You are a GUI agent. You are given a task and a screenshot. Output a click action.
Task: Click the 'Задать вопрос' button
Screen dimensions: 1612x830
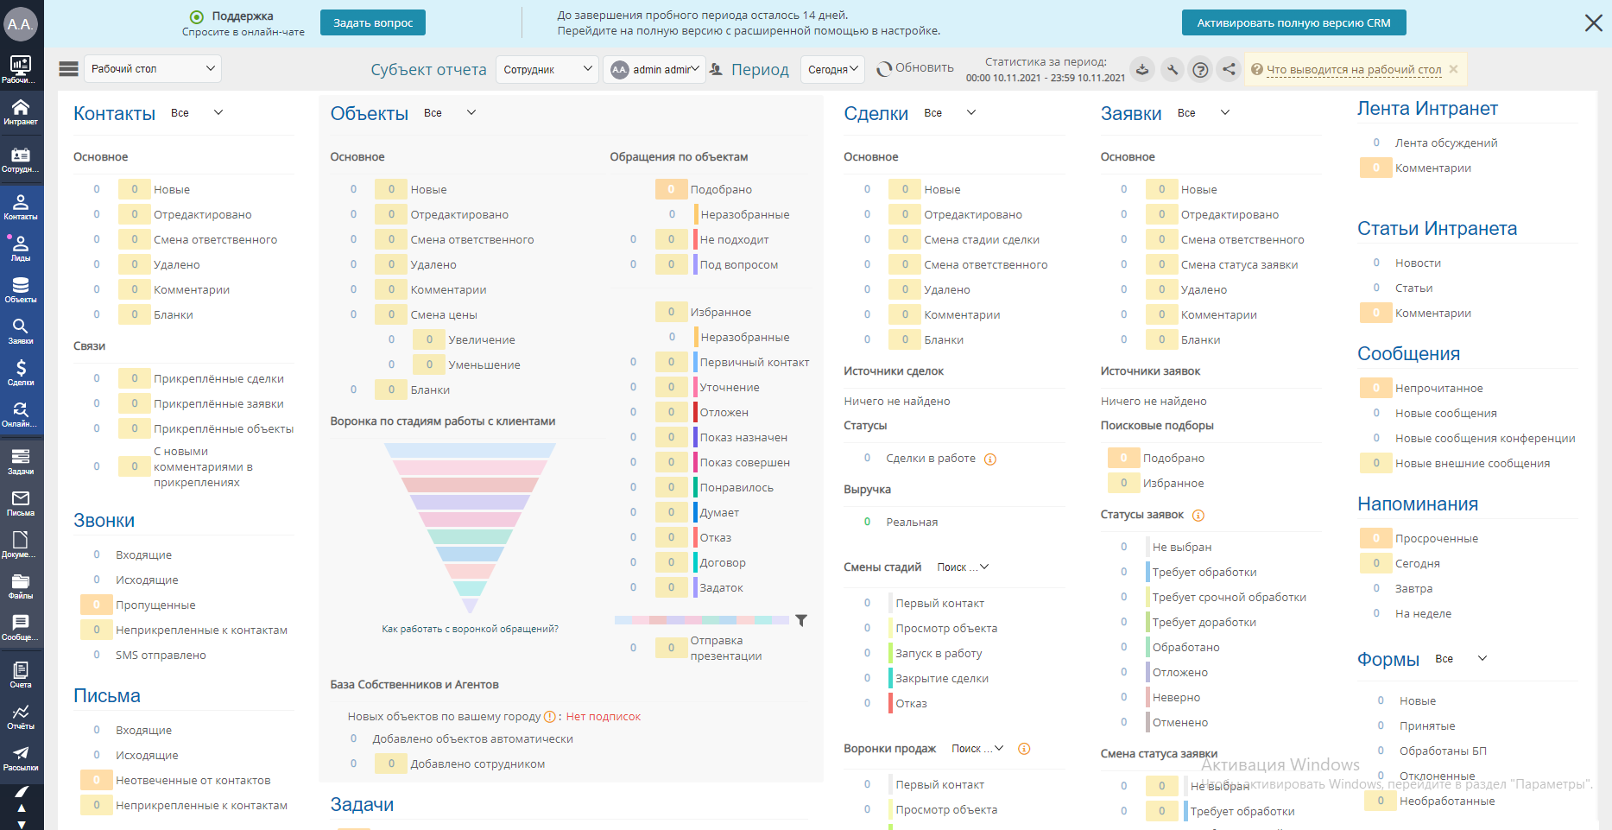(373, 22)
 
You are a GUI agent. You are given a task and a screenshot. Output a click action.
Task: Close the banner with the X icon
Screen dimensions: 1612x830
(1593, 22)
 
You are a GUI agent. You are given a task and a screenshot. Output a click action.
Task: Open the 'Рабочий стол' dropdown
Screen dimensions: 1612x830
(153, 69)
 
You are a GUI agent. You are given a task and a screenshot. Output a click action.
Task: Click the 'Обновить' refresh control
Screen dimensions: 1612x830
(915, 68)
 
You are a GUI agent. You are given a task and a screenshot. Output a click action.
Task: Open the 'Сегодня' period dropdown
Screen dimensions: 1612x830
(833, 69)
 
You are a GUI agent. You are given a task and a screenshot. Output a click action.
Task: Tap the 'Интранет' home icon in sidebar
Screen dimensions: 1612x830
(21, 111)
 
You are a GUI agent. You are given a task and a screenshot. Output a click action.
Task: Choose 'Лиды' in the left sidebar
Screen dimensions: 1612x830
(21, 248)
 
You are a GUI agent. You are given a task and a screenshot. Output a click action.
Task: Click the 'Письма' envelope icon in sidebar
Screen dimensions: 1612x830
(21, 503)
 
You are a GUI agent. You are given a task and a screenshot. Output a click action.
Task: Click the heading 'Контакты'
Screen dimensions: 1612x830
(114, 114)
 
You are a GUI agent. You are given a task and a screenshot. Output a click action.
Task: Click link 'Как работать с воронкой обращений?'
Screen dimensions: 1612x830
(470, 629)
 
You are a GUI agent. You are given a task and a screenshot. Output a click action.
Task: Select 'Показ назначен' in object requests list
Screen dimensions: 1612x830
(743, 437)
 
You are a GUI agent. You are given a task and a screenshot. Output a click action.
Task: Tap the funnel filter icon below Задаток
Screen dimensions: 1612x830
(801, 620)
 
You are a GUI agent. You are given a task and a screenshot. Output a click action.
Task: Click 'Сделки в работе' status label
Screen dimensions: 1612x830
(931, 458)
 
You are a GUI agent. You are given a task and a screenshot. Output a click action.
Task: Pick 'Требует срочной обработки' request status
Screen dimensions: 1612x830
(1229, 597)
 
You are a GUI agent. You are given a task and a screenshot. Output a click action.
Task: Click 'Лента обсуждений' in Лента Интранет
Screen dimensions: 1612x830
(1446, 143)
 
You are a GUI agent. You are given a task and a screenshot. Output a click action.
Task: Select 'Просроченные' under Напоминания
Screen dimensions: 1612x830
(1437, 538)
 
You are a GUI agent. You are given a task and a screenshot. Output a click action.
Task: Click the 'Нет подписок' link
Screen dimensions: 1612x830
(604, 716)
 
